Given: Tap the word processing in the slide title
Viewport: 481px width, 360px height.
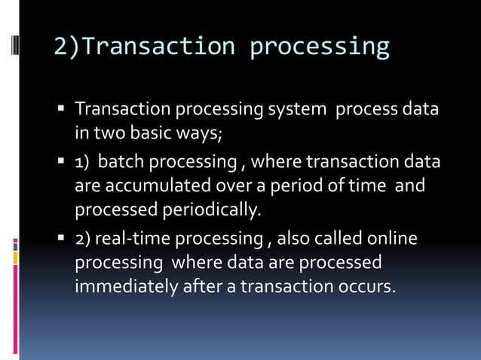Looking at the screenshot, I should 320,47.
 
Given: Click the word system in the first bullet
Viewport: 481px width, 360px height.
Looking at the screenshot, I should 297,110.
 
